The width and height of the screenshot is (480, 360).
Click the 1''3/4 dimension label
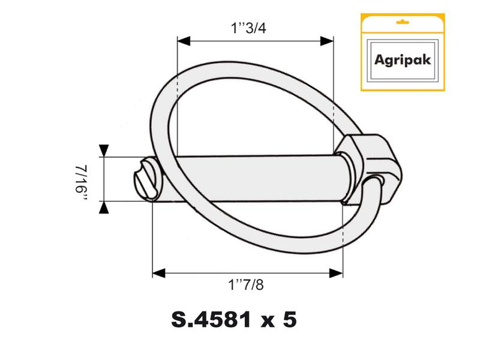coord(254,28)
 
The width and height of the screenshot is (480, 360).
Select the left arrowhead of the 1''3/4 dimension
coord(184,41)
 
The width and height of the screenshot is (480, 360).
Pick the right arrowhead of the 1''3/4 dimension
coord(327,41)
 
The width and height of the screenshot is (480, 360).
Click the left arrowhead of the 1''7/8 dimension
coord(158,274)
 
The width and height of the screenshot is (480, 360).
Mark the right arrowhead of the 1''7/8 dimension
coord(337,274)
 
